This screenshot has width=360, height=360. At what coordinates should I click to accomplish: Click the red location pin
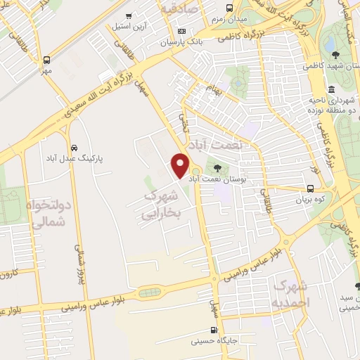181,165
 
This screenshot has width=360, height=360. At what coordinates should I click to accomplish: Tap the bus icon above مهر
46,60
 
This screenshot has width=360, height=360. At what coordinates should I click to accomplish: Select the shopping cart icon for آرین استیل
128,15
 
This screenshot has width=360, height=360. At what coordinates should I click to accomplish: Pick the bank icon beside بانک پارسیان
182,31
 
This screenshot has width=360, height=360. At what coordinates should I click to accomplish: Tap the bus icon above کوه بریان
310,188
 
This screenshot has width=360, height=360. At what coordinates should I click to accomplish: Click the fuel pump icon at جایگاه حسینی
213,329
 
